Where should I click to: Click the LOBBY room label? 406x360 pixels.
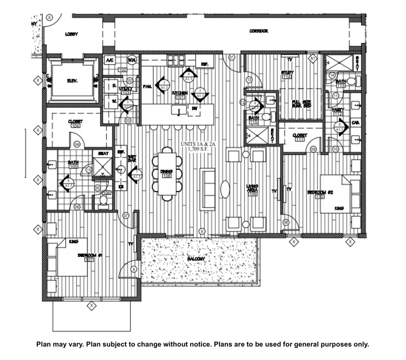click(71, 35)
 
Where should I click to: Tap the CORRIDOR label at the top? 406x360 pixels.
click(259, 31)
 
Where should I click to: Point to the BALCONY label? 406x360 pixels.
click(196, 259)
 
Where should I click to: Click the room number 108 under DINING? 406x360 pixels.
click(167, 175)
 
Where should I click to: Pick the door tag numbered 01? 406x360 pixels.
click(232, 57)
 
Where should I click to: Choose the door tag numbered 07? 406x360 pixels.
click(126, 216)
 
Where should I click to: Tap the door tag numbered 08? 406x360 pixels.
click(286, 223)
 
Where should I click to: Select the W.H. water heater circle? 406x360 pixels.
click(132, 60)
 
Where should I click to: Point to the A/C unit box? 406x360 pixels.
click(109, 60)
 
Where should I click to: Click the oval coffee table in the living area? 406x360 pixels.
click(225, 189)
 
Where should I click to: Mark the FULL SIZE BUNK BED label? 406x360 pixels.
click(301, 104)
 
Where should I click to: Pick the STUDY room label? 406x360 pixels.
click(287, 72)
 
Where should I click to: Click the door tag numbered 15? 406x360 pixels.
click(89, 170)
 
